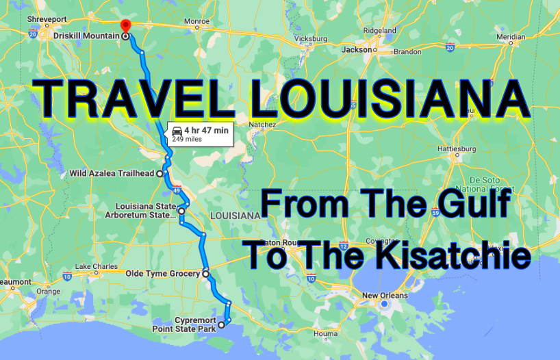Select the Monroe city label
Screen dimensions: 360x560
pyautogui.click(x=196, y=21)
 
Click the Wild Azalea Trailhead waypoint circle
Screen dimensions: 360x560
pyautogui.click(x=160, y=174)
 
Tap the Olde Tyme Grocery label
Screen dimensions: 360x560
pyautogui.click(x=162, y=274)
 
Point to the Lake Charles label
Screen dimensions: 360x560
pyautogui.click(x=92, y=266)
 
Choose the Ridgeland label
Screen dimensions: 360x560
pyautogui.click(x=379, y=31)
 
